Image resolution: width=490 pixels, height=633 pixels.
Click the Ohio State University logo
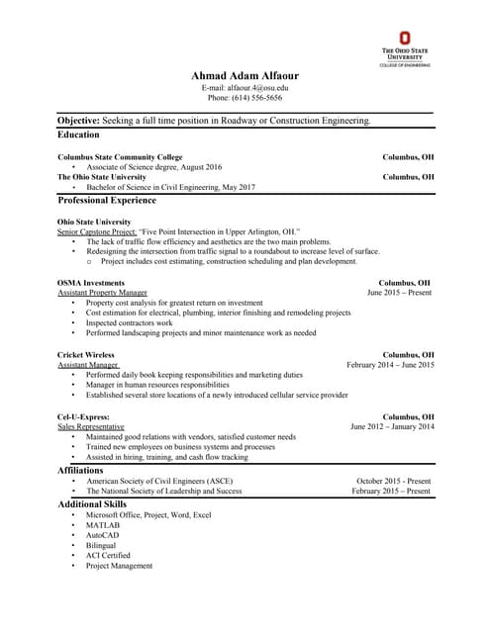(404, 49)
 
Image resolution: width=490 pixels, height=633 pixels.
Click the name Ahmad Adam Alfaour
(245, 76)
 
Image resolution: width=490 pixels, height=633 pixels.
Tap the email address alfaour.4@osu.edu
(245, 88)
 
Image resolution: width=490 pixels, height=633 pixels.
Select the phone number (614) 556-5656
(245, 98)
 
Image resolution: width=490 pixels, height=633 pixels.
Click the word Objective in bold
(78, 120)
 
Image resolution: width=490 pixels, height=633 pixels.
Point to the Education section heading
(78, 135)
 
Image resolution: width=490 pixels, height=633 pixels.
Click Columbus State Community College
(120, 156)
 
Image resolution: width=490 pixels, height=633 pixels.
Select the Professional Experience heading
(108, 200)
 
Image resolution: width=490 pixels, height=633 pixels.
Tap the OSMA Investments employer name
(91, 282)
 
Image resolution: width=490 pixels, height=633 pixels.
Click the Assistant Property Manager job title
(102, 293)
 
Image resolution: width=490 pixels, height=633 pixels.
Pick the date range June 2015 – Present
(399, 293)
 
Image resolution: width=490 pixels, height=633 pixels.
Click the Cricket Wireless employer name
(86, 354)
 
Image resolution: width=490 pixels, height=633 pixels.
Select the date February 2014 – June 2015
(390, 365)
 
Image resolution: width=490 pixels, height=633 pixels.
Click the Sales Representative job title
(97, 426)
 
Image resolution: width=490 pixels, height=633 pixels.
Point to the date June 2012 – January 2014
(392, 426)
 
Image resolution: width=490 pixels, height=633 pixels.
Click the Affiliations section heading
(80, 470)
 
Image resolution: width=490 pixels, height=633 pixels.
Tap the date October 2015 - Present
(393, 482)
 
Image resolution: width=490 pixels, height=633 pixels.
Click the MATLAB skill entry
(102, 525)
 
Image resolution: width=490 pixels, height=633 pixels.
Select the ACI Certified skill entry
(108, 555)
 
